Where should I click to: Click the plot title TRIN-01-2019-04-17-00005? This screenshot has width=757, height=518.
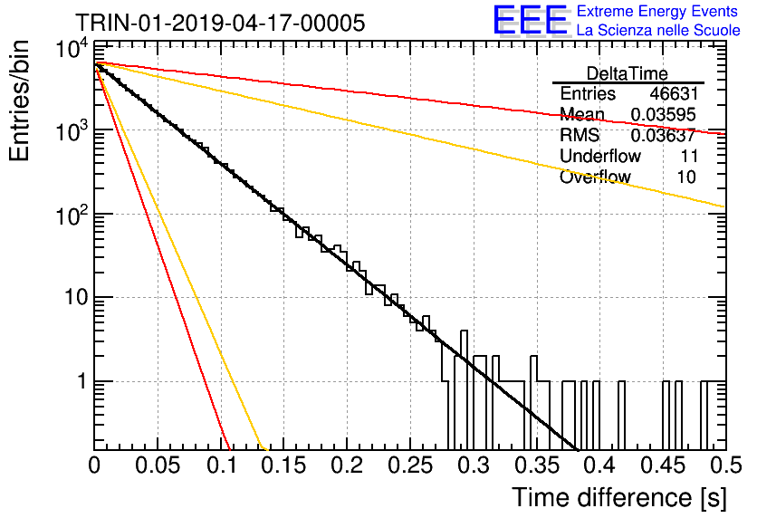tap(220, 23)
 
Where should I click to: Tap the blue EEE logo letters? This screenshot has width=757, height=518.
tap(531, 20)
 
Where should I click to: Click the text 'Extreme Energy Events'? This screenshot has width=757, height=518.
tap(657, 11)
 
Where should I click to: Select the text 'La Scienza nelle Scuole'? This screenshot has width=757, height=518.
tap(658, 31)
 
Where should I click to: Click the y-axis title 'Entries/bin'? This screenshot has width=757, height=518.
tap(19, 101)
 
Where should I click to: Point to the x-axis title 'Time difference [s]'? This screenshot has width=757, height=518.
tap(619, 498)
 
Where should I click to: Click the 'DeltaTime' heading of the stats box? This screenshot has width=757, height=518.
tap(628, 73)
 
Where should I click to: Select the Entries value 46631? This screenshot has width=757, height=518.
tap(674, 93)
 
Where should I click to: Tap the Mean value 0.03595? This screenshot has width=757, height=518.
tap(664, 114)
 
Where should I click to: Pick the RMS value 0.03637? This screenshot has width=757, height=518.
tap(664, 135)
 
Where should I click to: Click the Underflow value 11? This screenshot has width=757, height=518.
tap(688, 156)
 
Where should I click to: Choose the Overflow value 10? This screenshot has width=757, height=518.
tap(686, 177)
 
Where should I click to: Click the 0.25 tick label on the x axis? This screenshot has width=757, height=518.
tap(409, 465)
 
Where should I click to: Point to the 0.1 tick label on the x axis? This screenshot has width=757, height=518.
tap(222, 465)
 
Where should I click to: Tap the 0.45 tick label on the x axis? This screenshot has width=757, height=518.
tap(663, 465)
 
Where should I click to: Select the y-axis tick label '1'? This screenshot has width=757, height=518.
tap(82, 382)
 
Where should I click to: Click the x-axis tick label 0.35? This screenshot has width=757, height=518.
tap(536, 465)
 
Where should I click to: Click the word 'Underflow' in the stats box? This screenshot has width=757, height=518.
tap(600, 156)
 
